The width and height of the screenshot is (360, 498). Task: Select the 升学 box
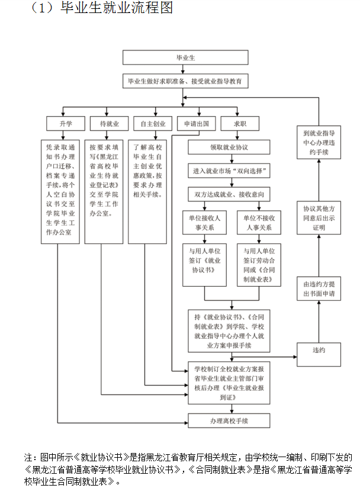click(65, 124)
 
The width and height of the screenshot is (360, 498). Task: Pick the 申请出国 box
click(193, 124)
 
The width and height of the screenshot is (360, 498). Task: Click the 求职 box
click(239, 124)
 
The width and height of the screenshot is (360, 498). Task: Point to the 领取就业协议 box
click(229, 147)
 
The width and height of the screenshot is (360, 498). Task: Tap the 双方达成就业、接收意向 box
click(229, 194)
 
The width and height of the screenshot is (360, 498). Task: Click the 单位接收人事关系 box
click(204, 223)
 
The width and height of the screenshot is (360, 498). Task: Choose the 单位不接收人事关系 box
click(258, 223)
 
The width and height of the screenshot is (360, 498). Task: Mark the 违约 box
click(319, 350)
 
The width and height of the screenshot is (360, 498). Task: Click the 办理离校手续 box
click(229, 420)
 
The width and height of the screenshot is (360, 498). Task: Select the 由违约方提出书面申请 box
click(319, 290)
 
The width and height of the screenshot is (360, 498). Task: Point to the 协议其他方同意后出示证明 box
click(319, 219)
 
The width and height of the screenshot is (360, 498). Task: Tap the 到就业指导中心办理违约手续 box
click(319, 143)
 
